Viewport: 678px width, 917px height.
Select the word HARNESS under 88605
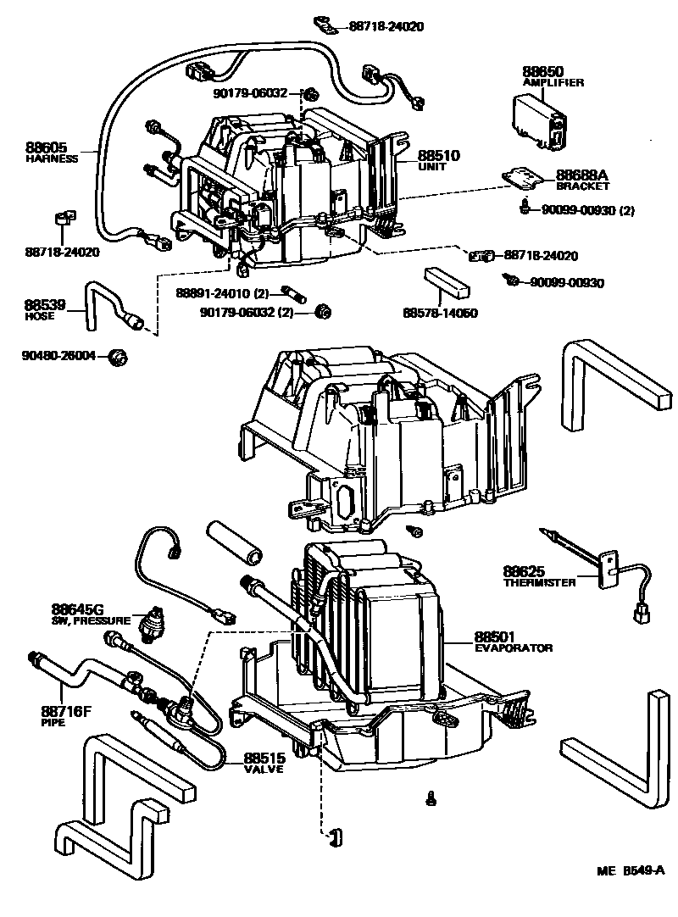pyautogui.click(x=52, y=158)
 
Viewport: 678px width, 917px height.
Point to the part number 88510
pyautogui.click(x=438, y=156)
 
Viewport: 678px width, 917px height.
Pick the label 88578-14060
pyautogui.click(x=440, y=313)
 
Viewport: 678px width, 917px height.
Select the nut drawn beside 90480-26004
pyautogui.click(x=119, y=356)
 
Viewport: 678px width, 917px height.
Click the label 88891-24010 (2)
pyautogui.click(x=222, y=293)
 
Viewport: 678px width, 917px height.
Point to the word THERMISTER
pyautogui.click(x=539, y=582)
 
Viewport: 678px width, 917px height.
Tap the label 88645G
pyautogui.click(x=76, y=609)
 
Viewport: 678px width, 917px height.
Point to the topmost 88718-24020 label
pyautogui.click(x=386, y=26)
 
